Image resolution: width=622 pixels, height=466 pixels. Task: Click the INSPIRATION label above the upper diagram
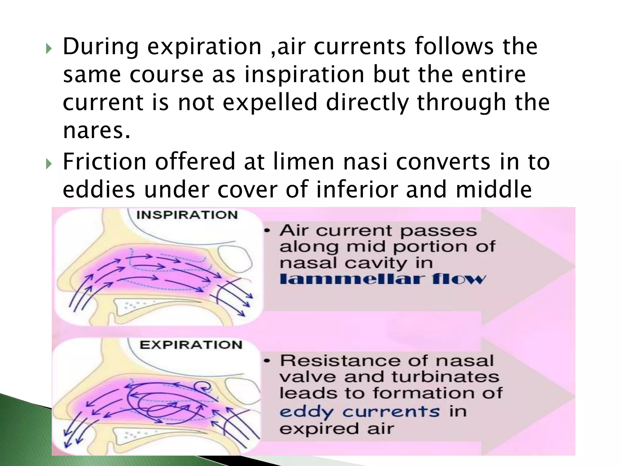[187, 215]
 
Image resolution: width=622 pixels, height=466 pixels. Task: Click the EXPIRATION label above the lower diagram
[191, 345]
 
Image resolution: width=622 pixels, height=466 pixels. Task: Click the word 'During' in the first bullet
[101, 47]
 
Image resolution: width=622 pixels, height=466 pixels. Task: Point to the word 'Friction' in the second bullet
[104, 161]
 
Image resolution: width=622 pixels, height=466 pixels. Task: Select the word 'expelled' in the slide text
[270, 103]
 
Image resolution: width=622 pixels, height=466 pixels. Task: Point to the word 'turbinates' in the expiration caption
[445, 377]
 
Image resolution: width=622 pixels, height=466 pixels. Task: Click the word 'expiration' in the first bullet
[204, 47]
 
